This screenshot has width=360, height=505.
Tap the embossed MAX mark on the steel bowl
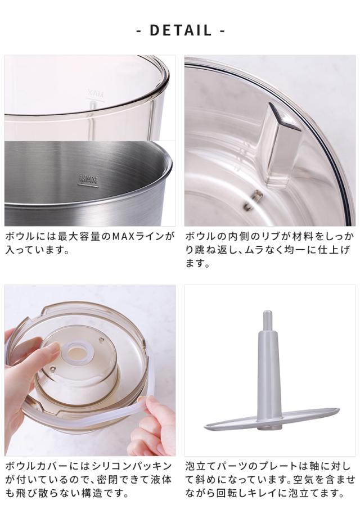[88, 180]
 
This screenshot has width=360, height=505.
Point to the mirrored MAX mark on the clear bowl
[95, 94]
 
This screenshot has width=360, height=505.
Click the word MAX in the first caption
[124, 237]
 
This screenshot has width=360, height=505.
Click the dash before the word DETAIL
[139, 31]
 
